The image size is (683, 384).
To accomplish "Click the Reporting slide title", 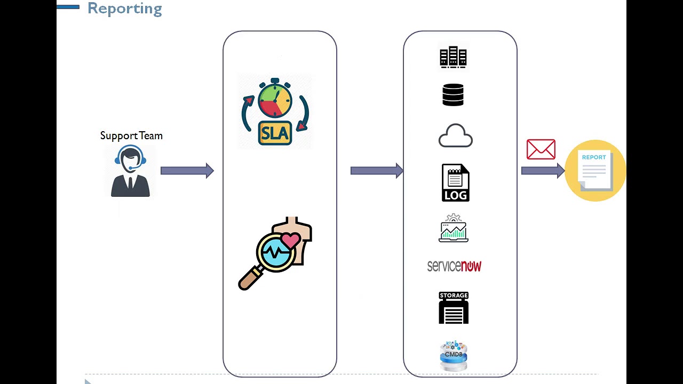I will [124, 9].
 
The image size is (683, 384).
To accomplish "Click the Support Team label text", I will [131, 136].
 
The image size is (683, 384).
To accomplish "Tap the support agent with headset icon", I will [130, 171].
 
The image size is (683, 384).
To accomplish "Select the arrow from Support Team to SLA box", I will [187, 171].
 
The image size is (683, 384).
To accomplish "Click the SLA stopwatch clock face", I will [275, 101].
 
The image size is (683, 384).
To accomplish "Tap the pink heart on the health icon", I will [291, 241].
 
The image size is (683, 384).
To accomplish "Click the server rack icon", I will [453, 57].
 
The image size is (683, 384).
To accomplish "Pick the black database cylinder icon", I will [453, 95].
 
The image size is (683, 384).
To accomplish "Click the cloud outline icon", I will [455, 136].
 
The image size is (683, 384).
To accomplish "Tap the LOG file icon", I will [455, 183].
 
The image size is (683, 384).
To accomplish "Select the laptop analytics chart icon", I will [454, 229].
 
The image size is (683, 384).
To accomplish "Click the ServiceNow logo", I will [454, 266].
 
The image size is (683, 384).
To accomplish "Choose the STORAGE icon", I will [454, 308].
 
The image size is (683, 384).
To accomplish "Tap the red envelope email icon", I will [541, 149].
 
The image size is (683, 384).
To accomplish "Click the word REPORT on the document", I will [594, 157].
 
